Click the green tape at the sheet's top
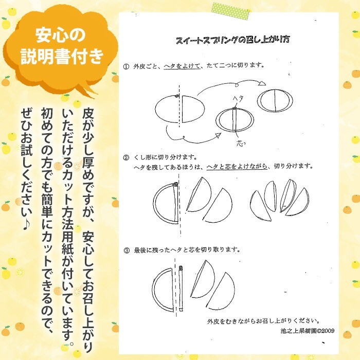[x=230, y=11]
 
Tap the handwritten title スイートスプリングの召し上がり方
[x=232, y=40]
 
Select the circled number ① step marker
[x=126, y=66]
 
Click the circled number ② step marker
[x=126, y=158]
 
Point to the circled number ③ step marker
[x=127, y=250]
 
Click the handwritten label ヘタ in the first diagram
[x=238, y=99]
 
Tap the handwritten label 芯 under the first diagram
[x=241, y=143]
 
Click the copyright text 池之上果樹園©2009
[x=308, y=331]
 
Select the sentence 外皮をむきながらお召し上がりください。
[x=263, y=321]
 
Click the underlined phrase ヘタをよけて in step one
[x=182, y=66]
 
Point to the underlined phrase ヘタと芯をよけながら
[x=237, y=167]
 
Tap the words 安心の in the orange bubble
[x=60, y=35]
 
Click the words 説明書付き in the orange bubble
[x=62, y=56]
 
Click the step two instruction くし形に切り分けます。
[x=165, y=157]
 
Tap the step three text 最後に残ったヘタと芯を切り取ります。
[x=187, y=250]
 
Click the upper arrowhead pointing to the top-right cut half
[x=262, y=83]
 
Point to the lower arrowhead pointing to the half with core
[x=218, y=135]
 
